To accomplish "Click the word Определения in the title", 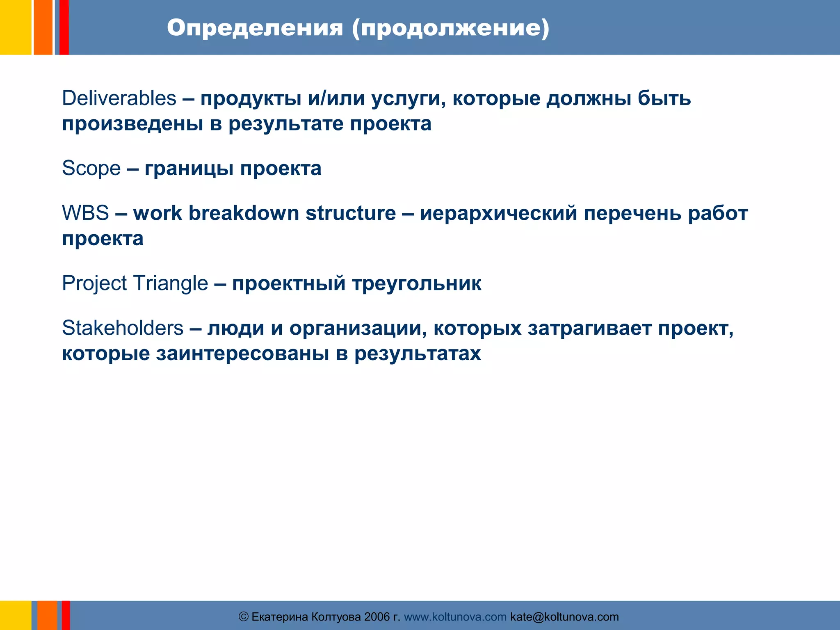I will [x=255, y=28].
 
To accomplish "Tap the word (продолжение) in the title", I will [x=450, y=28].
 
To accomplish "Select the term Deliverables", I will [x=119, y=98].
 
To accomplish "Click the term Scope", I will [x=91, y=168].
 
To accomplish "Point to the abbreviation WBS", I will [x=85, y=213].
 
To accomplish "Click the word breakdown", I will [x=244, y=213].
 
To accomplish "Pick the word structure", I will [x=351, y=213].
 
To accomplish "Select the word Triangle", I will [x=170, y=283].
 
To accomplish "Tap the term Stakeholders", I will [x=123, y=328].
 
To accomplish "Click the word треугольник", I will [x=417, y=283].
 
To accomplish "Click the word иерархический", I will [x=498, y=213].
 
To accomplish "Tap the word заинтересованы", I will [x=242, y=353].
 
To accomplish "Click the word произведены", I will [x=132, y=123].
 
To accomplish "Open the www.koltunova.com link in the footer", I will [x=455, y=617].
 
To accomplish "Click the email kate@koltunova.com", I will [x=564, y=617].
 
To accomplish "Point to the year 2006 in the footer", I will [x=377, y=617].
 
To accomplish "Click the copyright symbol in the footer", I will [x=244, y=617].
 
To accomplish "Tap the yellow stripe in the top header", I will [x=15, y=27].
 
